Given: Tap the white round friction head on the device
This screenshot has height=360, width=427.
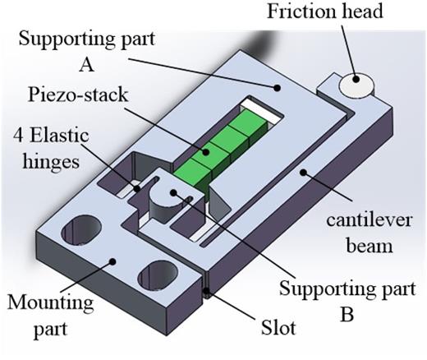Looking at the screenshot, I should point(356,83).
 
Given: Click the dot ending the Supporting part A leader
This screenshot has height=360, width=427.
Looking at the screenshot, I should point(278,85).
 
